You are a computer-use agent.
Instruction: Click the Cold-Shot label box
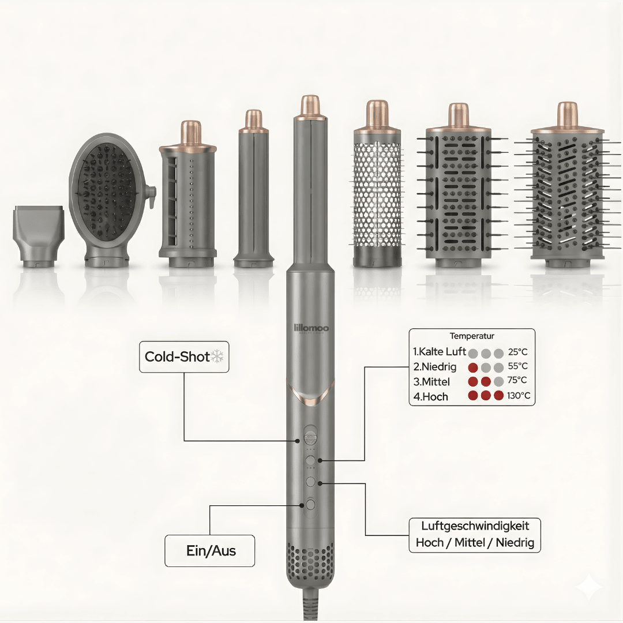[x=184, y=356]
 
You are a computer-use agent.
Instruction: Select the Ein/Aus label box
[x=211, y=551]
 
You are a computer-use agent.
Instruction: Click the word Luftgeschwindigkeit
[x=475, y=526]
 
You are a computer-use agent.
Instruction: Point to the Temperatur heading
[x=472, y=336]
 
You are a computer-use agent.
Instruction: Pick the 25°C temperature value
[x=517, y=352]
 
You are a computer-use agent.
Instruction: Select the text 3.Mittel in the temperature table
[x=431, y=382]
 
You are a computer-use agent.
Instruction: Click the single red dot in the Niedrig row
[x=473, y=367]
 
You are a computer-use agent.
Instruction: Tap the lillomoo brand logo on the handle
[x=311, y=328]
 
